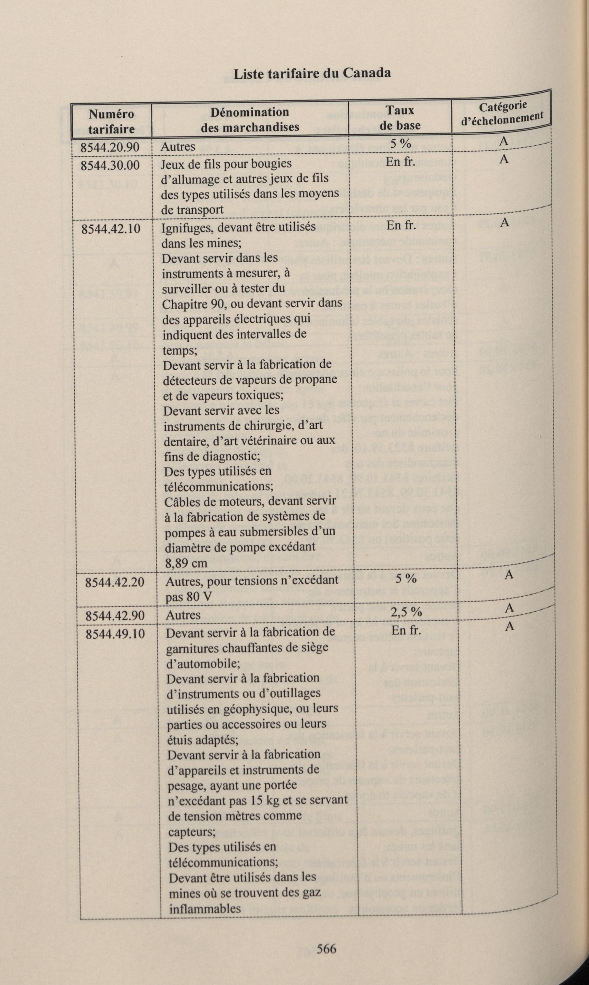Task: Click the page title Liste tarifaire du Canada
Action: click(312, 73)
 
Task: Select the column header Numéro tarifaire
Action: click(111, 121)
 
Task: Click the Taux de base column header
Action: click(400, 118)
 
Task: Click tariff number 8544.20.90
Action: click(110, 147)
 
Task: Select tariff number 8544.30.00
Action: click(110, 165)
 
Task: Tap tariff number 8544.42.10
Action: click(111, 229)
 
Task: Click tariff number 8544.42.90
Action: click(115, 615)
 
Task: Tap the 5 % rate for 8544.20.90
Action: click(400, 144)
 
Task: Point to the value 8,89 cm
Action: click(186, 563)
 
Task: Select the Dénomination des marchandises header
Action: click(250, 119)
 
